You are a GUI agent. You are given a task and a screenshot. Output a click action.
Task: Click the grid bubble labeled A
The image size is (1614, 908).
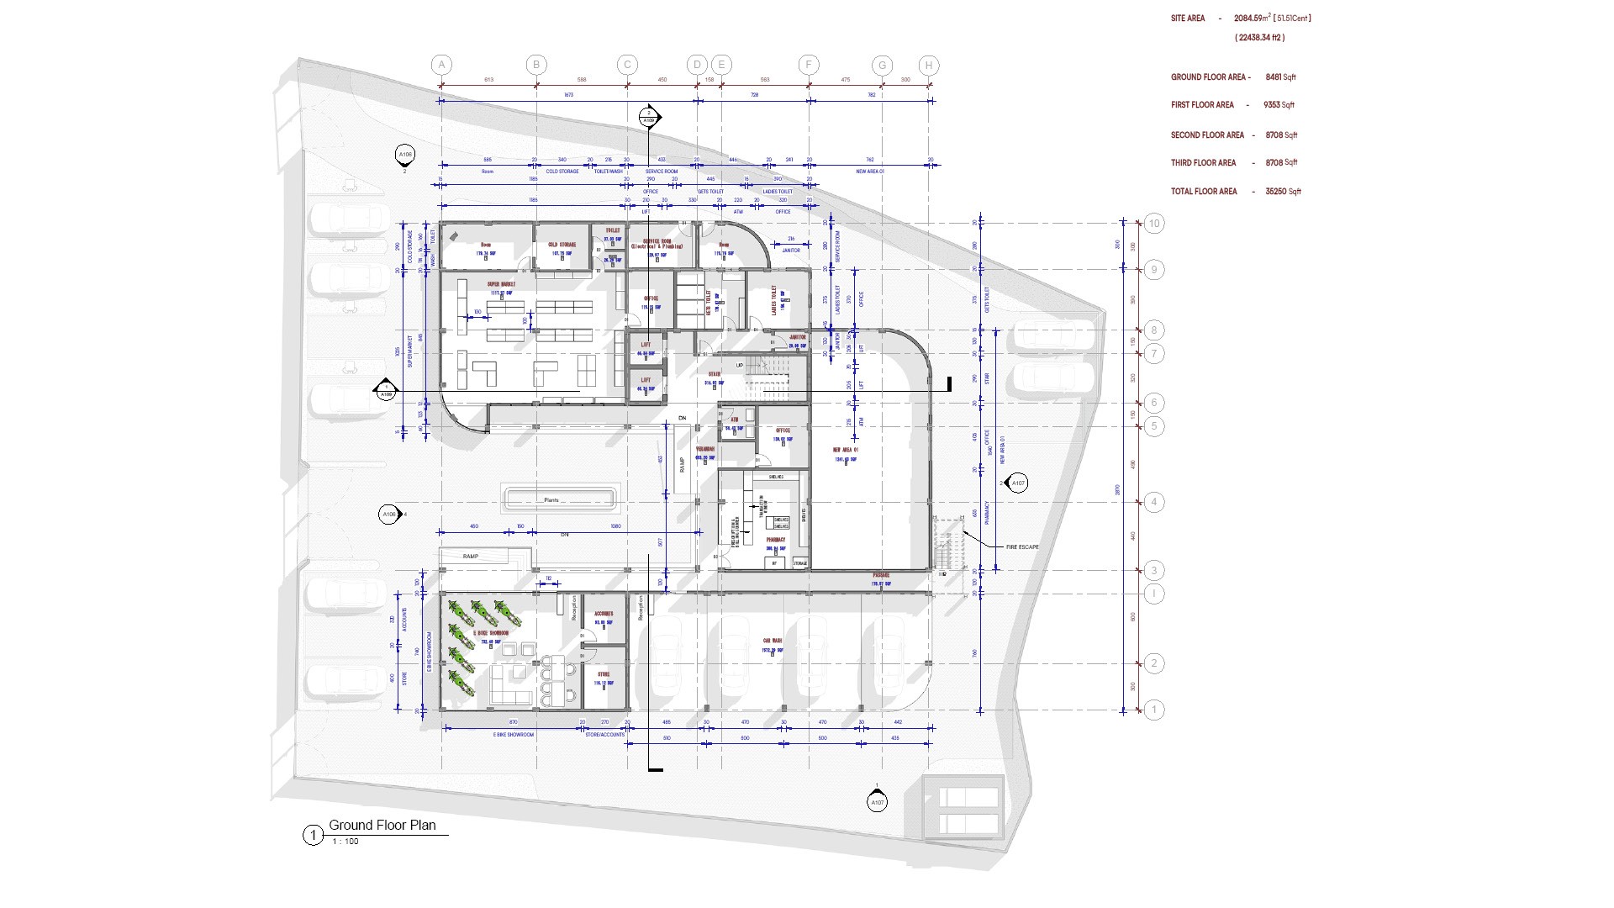[x=442, y=65]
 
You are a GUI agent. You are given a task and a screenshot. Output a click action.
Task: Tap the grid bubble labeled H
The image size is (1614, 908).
[x=929, y=65]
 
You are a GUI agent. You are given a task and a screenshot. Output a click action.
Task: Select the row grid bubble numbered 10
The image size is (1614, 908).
[x=1154, y=223]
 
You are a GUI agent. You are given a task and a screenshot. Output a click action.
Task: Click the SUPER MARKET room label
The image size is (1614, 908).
[x=501, y=284]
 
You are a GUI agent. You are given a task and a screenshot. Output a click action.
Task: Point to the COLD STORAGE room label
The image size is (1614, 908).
[x=562, y=245]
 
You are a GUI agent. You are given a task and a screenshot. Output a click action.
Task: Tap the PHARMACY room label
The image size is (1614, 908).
[x=775, y=540]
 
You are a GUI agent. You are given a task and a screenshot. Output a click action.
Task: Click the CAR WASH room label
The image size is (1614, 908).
[x=773, y=640]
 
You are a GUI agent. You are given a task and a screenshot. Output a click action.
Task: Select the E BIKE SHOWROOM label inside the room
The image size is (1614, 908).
[x=491, y=633]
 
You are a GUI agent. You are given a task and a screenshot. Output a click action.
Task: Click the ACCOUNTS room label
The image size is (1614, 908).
[x=604, y=614]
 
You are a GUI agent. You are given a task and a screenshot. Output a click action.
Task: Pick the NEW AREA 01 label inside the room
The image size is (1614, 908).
[x=846, y=451]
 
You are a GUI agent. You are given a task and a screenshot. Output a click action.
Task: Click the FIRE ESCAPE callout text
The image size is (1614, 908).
[x=1021, y=547]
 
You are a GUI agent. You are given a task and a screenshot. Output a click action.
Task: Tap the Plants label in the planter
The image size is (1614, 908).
[x=551, y=500]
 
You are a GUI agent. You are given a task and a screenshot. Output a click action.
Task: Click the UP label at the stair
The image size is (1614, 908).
[x=740, y=365]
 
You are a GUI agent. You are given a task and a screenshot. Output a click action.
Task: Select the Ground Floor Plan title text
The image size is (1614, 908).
[x=382, y=825]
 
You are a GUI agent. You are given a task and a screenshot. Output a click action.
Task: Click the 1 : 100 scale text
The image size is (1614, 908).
[x=345, y=842]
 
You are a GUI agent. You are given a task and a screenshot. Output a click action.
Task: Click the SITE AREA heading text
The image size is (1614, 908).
[x=1188, y=18]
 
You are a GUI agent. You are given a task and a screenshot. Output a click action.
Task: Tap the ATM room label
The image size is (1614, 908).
[x=734, y=420]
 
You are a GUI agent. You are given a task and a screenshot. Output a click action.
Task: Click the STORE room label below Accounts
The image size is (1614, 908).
[x=604, y=674]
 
